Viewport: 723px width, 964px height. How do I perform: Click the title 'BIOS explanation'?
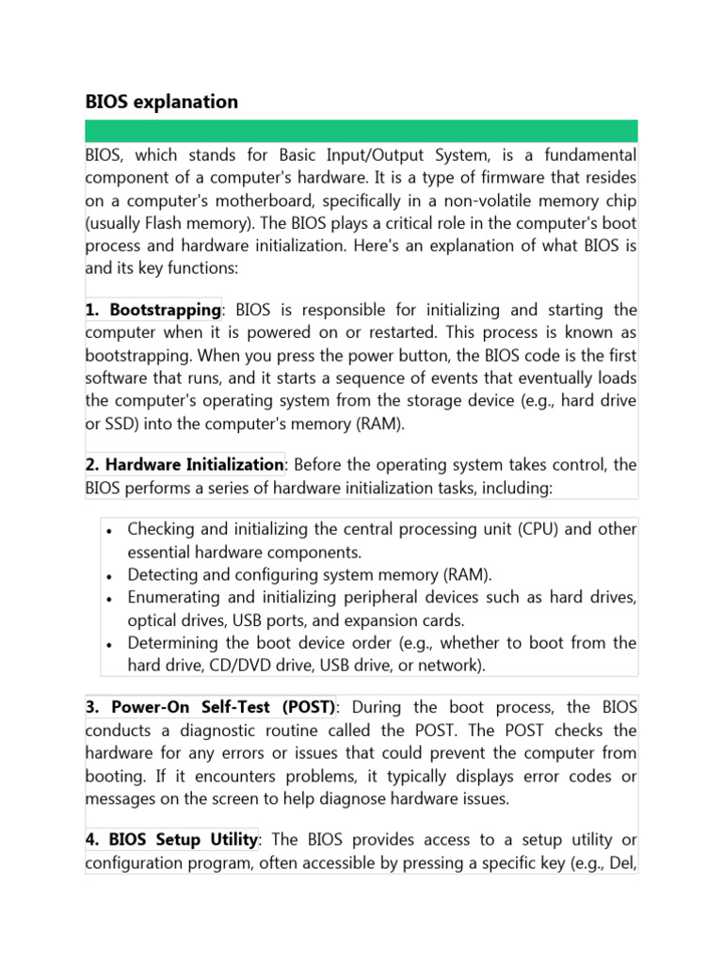(162, 102)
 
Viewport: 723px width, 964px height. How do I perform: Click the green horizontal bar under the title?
(361, 131)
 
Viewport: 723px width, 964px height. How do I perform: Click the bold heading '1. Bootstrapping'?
(153, 310)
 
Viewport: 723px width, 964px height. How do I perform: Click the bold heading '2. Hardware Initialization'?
(185, 464)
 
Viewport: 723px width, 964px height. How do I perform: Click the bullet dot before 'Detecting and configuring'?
(111, 575)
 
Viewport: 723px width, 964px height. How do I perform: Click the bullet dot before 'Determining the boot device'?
(111, 644)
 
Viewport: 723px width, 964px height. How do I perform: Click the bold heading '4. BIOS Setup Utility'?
(171, 839)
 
